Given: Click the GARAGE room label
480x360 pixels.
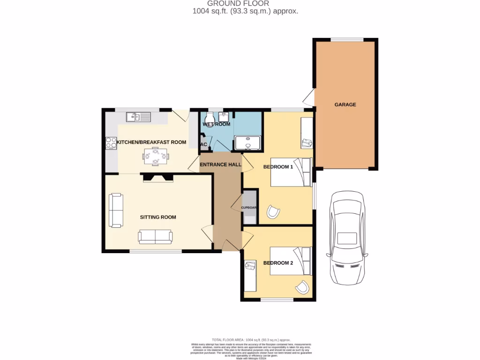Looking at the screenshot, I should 345,105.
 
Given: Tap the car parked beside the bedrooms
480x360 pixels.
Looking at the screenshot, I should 347,238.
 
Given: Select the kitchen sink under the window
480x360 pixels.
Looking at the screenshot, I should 138,117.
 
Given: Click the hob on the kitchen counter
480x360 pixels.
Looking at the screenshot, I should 111,142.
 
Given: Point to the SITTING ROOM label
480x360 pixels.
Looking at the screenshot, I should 158,217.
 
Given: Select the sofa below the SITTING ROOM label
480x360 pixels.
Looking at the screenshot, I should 155,237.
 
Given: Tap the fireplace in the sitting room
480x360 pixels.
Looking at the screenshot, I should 157,177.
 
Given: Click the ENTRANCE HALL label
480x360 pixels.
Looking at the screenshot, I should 220,165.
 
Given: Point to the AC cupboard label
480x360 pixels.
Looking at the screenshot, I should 203,144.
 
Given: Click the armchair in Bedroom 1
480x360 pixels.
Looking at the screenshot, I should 273,212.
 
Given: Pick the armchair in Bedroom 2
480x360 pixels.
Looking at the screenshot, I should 303,286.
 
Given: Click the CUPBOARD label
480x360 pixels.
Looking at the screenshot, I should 249,208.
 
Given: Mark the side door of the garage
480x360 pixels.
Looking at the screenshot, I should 308,98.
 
